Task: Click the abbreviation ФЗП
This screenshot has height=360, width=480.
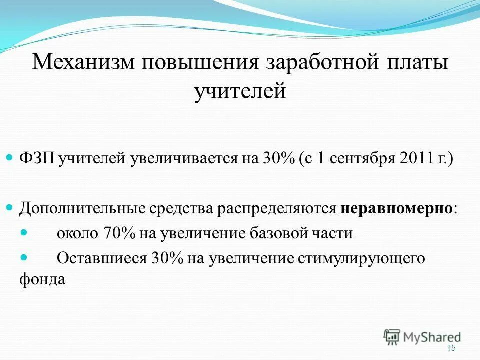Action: [x=37, y=159]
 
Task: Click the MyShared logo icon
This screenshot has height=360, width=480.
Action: [x=392, y=337]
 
